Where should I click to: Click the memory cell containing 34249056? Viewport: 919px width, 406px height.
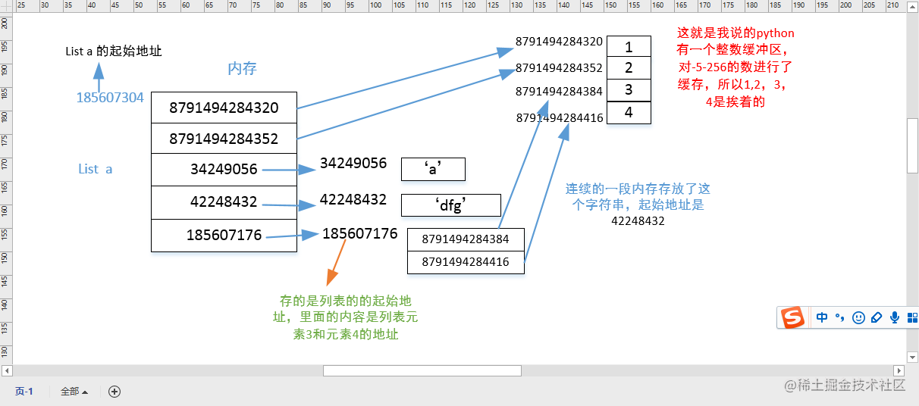tap(224, 170)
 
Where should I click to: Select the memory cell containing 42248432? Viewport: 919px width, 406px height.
tap(224, 202)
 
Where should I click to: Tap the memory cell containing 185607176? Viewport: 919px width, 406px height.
tap(224, 236)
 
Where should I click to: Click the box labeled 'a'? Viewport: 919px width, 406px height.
tap(433, 169)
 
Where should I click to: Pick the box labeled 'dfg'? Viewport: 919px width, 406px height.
tap(451, 205)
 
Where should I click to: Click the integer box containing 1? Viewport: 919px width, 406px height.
tap(629, 47)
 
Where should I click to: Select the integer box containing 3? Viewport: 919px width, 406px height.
tap(629, 90)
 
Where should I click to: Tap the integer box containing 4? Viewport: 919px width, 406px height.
tap(629, 112)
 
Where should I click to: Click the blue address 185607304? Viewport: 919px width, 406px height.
tap(110, 98)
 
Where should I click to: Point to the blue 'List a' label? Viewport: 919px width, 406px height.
tap(96, 169)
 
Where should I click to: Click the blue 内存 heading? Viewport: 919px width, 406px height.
tap(242, 69)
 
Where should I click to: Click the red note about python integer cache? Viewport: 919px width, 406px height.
tap(735, 67)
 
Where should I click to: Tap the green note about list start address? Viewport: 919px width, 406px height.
tap(346, 317)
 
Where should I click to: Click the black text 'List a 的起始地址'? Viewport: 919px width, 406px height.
tap(113, 52)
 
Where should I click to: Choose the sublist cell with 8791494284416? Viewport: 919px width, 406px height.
tap(466, 263)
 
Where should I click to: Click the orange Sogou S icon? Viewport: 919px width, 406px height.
tap(793, 317)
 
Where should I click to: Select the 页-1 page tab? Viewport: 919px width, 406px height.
tap(24, 392)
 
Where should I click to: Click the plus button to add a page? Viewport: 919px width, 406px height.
tap(114, 392)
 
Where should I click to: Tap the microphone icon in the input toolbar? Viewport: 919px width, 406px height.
tap(895, 317)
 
